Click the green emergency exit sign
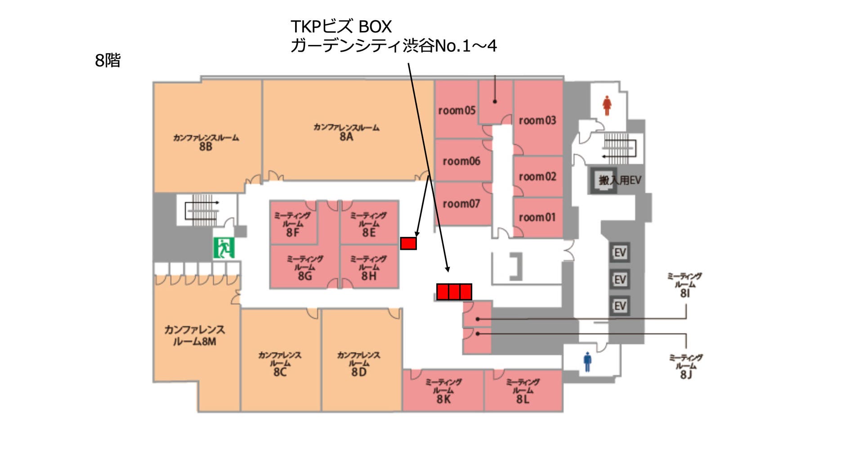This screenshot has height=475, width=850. pos(224,248)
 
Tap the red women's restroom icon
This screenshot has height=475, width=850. pos(607,105)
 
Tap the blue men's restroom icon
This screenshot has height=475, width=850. pos(587,362)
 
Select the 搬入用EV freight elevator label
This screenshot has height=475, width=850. pos(620,180)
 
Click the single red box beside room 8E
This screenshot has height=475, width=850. pos(408,243)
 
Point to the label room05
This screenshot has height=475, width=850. pos(456,110)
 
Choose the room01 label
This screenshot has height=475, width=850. pos(537,218)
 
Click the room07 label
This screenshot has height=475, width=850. pos(461,204)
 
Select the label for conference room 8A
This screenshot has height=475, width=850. pos(346,132)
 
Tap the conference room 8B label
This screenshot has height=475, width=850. pos(206,142)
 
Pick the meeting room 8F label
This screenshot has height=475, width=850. pos(293,224)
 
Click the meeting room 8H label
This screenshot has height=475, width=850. pos(369,268)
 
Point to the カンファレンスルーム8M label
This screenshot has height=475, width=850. pos(195,335)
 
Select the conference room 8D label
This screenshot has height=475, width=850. pos(359,364)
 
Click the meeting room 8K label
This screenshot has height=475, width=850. pos(443,391)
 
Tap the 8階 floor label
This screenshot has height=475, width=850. pos(108,60)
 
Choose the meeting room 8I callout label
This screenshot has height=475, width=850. pos(684,285)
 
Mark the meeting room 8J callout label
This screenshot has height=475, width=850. pos(686,366)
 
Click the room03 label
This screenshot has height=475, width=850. pos(537,120)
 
